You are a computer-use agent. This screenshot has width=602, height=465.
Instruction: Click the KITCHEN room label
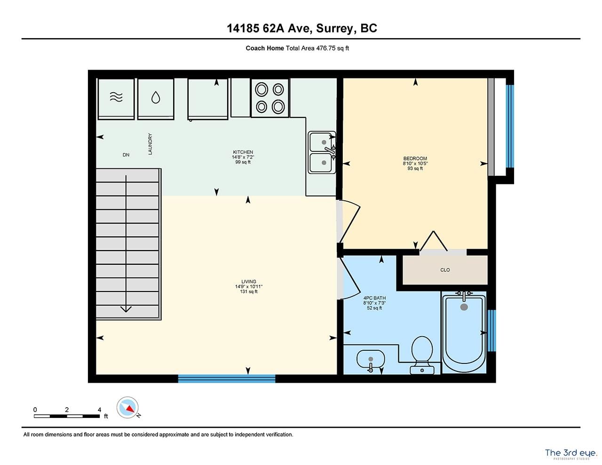pyautogui.click(x=243, y=152)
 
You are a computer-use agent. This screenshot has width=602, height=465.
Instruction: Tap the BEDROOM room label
pyautogui.click(x=415, y=158)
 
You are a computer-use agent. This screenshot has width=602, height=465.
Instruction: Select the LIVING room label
pyautogui.click(x=248, y=281)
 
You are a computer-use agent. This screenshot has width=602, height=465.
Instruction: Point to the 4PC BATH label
pyautogui.click(x=374, y=298)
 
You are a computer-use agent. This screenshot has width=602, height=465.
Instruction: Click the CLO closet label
pyautogui.click(x=445, y=270)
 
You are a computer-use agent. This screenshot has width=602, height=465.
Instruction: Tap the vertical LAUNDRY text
pyautogui.click(x=150, y=144)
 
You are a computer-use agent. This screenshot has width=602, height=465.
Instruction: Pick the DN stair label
pyautogui.click(x=126, y=155)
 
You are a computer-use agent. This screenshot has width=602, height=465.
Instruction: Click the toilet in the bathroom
pyautogui.click(x=422, y=355)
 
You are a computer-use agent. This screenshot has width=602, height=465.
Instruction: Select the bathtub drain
pyautogui.click(x=464, y=307)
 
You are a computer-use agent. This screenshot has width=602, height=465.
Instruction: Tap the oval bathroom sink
pyautogui.click(x=371, y=359)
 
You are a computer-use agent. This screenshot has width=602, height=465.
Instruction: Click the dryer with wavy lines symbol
pyautogui.click(x=116, y=99)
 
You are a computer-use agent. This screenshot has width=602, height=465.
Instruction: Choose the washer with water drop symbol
pyautogui.click(x=156, y=99)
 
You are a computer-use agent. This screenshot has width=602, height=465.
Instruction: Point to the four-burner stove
pyautogui.click(x=270, y=98)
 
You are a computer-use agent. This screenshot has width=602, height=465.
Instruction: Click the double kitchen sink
pyautogui.click(x=322, y=152)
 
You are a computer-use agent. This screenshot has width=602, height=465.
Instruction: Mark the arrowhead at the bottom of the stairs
pyautogui.click(x=126, y=309)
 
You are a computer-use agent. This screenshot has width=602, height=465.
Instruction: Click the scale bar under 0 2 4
pyautogui.click(x=66, y=416)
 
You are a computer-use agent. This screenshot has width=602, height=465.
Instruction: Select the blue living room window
pyautogui.click(x=227, y=378)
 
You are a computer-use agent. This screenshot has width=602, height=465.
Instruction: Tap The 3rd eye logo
pyautogui.click(x=571, y=453)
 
